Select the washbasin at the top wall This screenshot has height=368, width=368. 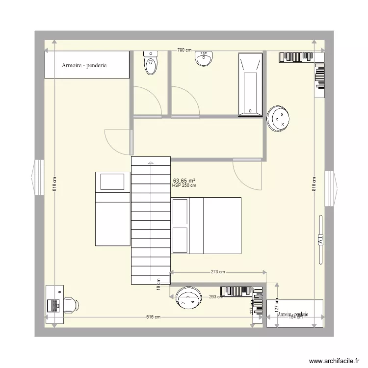204,59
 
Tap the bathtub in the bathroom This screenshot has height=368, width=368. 251,85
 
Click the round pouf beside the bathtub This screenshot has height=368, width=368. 280,118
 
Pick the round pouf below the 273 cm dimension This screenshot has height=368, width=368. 188,298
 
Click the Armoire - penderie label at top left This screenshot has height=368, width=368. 84,65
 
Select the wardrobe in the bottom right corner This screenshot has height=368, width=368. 295,313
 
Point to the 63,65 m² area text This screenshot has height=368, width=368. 184,180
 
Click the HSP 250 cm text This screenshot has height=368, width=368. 184,185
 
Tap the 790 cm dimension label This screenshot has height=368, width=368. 184,51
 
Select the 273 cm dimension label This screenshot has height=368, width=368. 218,272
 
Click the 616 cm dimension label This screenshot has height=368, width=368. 153,317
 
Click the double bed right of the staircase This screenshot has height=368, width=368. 206,225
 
